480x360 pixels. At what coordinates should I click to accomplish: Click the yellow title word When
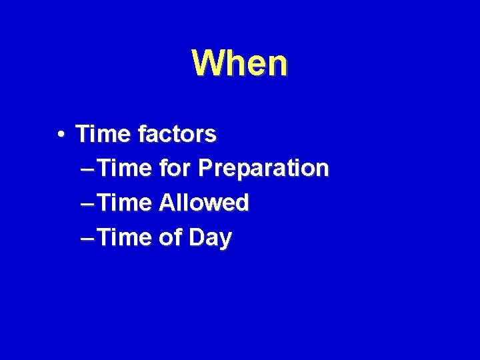[240, 63]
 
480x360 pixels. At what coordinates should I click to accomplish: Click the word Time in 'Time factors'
[103, 134]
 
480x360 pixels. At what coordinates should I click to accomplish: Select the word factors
[177, 134]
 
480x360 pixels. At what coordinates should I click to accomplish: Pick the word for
[175, 168]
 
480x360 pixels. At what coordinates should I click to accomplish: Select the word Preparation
[264, 169]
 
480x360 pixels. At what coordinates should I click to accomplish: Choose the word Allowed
[204, 203]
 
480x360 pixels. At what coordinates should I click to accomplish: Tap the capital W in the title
[206, 63]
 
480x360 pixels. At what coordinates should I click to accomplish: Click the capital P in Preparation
[205, 168]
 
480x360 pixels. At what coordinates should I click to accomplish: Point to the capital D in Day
[197, 237]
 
